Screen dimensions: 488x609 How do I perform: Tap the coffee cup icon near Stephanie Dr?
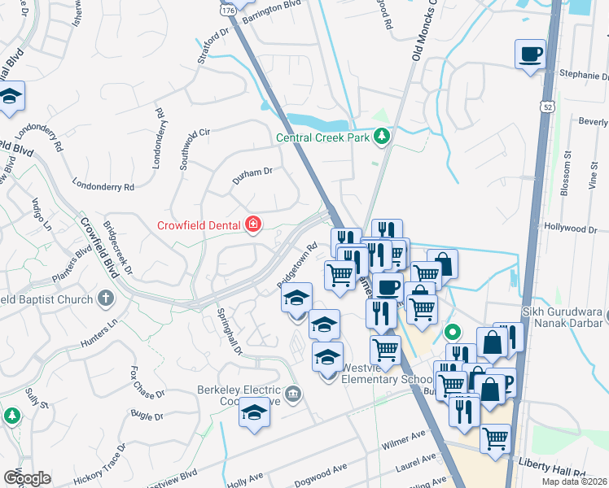tap(530, 54)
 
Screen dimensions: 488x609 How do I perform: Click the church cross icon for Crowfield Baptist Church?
tap(105, 298)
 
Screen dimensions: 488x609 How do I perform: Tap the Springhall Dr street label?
tap(229, 330)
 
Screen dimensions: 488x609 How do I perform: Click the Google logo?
tap(27, 477)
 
